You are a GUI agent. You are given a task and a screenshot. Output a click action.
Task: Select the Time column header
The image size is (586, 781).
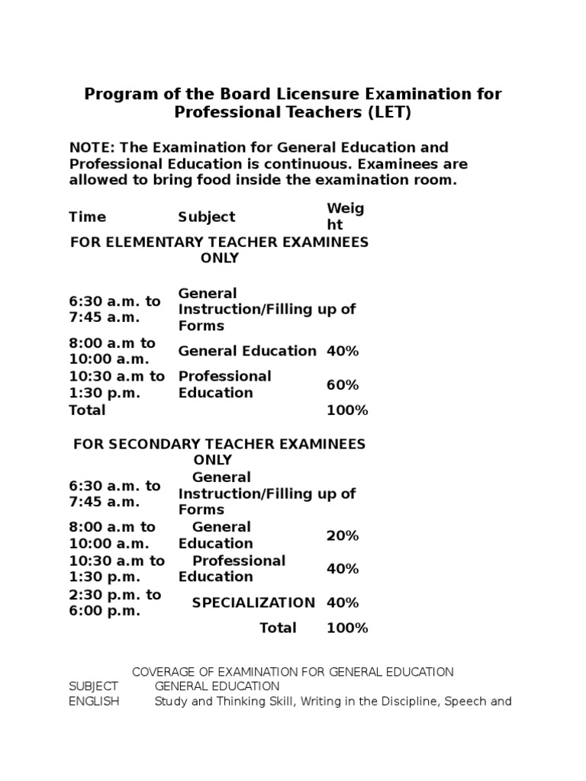click(88, 217)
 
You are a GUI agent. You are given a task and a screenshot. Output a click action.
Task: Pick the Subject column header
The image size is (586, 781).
click(207, 217)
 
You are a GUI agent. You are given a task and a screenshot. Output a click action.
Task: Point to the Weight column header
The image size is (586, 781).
click(346, 217)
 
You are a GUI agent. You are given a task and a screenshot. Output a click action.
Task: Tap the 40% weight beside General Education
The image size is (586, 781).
click(343, 351)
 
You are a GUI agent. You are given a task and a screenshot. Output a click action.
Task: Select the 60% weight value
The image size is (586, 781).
click(343, 385)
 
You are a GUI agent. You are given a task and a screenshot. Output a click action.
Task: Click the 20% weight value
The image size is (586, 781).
click(343, 535)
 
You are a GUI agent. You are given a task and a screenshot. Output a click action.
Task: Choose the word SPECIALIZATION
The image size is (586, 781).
click(253, 603)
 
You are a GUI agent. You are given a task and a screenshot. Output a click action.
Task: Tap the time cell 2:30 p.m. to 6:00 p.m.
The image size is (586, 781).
click(115, 603)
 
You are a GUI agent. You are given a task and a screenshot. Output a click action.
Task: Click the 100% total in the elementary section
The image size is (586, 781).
click(347, 410)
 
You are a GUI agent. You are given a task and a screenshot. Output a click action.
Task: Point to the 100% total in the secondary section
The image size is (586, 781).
click(347, 628)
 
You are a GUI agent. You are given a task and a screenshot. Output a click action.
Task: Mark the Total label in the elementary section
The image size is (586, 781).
click(87, 410)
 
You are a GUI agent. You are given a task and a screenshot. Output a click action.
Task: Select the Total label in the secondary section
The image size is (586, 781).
click(278, 628)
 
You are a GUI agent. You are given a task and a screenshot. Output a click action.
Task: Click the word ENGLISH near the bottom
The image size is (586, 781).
click(94, 702)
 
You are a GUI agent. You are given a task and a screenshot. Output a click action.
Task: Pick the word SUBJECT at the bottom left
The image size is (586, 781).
click(93, 686)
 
